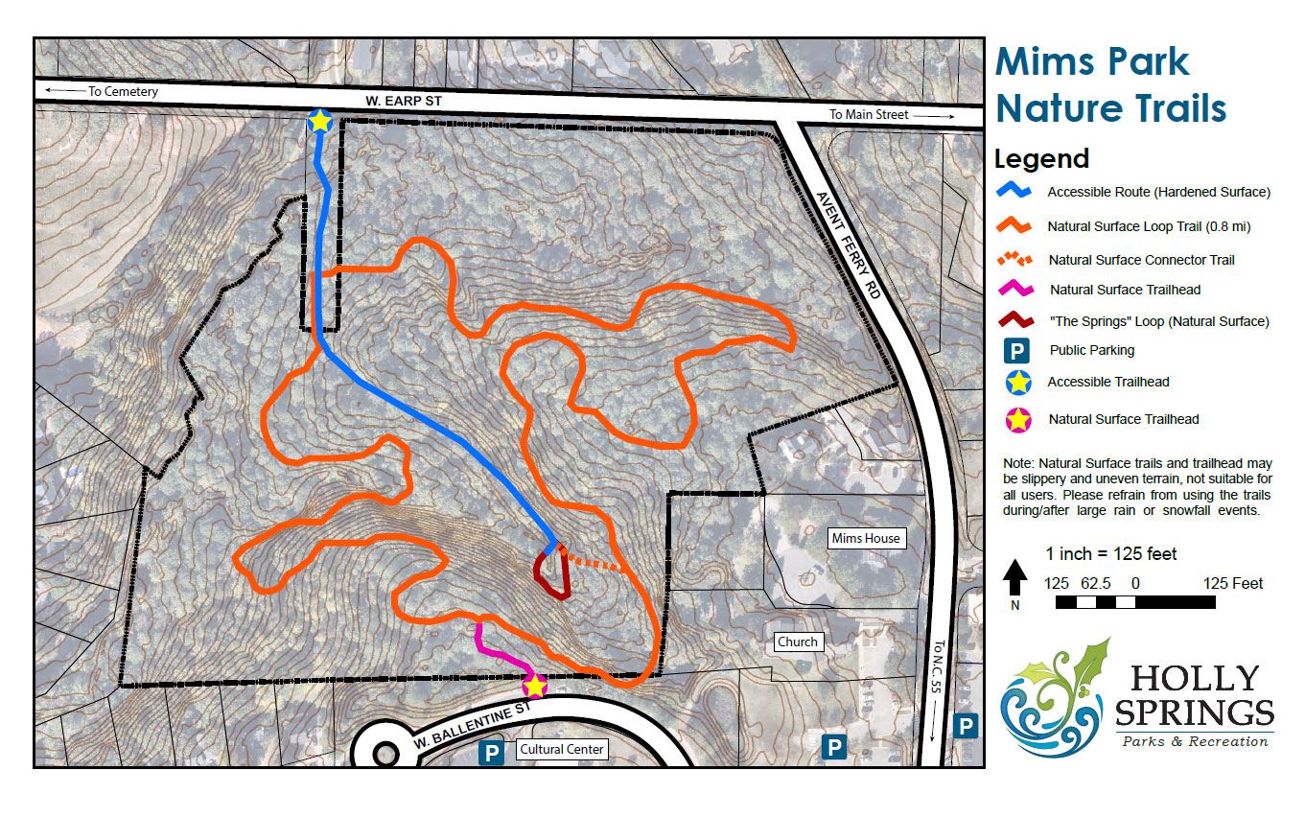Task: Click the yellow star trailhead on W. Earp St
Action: pyautogui.click(x=319, y=121)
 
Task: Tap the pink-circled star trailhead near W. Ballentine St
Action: pyautogui.click(x=534, y=686)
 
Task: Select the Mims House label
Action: pyautogui.click(x=866, y=538)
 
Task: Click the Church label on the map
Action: pyautogui.click(x=798, y=642)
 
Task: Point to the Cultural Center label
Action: pyautogui.click(x=561, y=749)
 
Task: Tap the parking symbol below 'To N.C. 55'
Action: pyautogui.click(x=967, y=726)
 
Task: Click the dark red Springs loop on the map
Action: pyautogui.click(x=552, y=578)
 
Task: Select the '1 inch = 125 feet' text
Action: pyautogui.click(x=1110, y=554)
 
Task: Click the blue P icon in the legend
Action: pyautogui.click(x=1017, y=351)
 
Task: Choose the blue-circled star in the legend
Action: pyautogui.click(x=1017, y=383)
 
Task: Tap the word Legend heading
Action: pyautogui.click(x=1041, y=158)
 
